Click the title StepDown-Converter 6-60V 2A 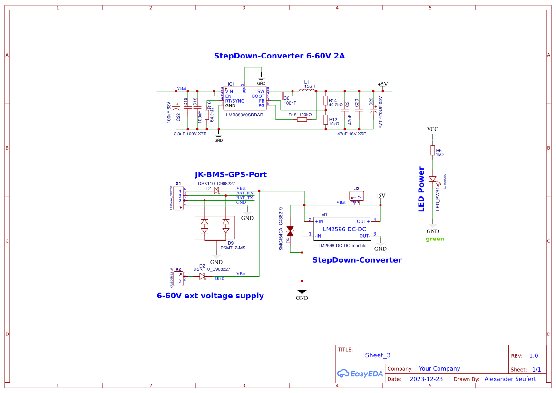(279, 56)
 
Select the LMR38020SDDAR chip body (244, 99)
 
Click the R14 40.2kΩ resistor (325, 101)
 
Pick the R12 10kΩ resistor (325, 120)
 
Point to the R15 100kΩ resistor (302, 120)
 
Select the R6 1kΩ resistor (432, 151)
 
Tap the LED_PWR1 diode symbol (432, 180)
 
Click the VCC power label (432, 129)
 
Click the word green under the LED (435, 239)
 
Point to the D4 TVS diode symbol (290, 231)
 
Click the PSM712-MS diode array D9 (215, 227)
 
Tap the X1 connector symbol (178, 199)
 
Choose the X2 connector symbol (178, 279)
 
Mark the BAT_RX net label (244, 193)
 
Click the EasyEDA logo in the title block (360, 374)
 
